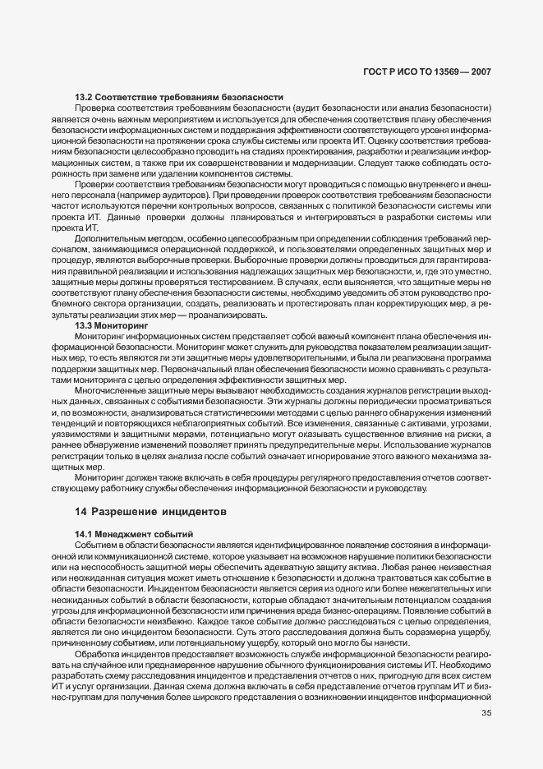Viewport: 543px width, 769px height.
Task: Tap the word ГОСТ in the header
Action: tap(375, 72)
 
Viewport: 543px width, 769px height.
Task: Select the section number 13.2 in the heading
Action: tap(83, 98)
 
